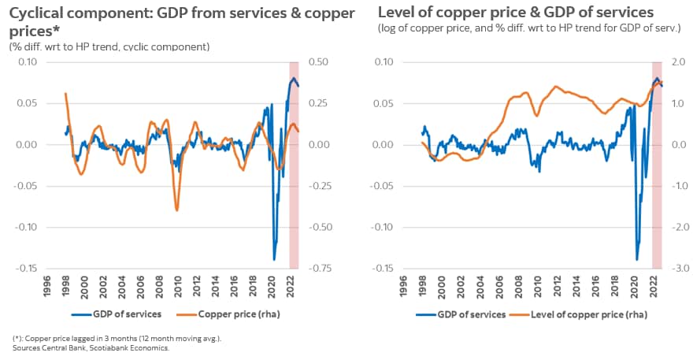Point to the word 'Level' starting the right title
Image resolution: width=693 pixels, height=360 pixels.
(x=396, y=13)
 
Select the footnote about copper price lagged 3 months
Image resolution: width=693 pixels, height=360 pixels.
(x=116, y=338)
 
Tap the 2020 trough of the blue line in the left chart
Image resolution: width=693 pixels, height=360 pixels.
(x=275, y=258)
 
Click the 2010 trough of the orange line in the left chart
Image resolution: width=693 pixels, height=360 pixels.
(x=176, y=210)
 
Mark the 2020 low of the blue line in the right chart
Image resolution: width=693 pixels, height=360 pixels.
(x=637, y=258)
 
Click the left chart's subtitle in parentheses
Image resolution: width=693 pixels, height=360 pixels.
(x=109, y=46)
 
